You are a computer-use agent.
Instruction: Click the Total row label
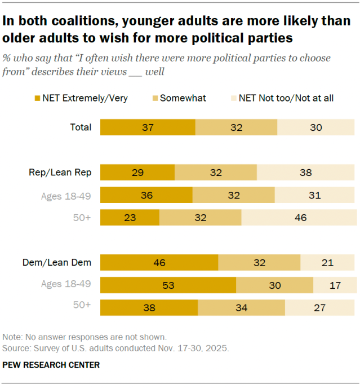click(80, 127)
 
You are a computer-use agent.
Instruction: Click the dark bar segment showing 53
click(168, 285)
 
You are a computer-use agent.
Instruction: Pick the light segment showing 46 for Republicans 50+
click(299, 218)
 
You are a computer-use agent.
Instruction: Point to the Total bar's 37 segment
click(148, 127)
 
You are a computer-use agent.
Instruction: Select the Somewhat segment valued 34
click(241, 308)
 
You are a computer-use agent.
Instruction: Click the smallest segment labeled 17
click(335, 285)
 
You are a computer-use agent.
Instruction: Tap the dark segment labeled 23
click(130, 218)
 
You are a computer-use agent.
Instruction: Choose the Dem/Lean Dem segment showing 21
click(328, 263)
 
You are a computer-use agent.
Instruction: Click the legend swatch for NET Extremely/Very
click(38, 98)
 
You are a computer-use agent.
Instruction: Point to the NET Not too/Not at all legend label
click(286, 98)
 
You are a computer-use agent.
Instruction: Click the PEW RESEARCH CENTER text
click(51, 365)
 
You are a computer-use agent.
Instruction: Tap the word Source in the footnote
click(16, 348)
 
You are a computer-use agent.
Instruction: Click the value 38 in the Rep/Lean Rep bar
click(306, 173)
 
